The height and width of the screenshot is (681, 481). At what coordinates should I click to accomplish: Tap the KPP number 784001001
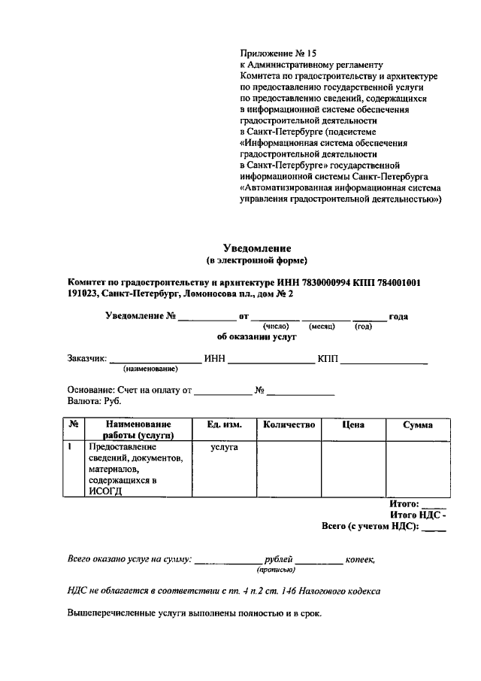401,282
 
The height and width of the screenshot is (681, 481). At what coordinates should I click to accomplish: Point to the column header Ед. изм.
224,425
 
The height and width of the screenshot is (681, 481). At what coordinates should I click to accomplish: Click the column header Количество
289,425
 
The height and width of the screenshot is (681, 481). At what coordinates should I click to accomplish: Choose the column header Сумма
417,425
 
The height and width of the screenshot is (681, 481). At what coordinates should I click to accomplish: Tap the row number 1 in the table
70,446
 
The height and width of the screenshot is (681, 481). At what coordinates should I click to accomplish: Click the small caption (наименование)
150,369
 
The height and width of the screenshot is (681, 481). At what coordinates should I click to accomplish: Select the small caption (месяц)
322,327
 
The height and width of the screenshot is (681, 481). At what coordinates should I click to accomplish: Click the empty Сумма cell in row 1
417,468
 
